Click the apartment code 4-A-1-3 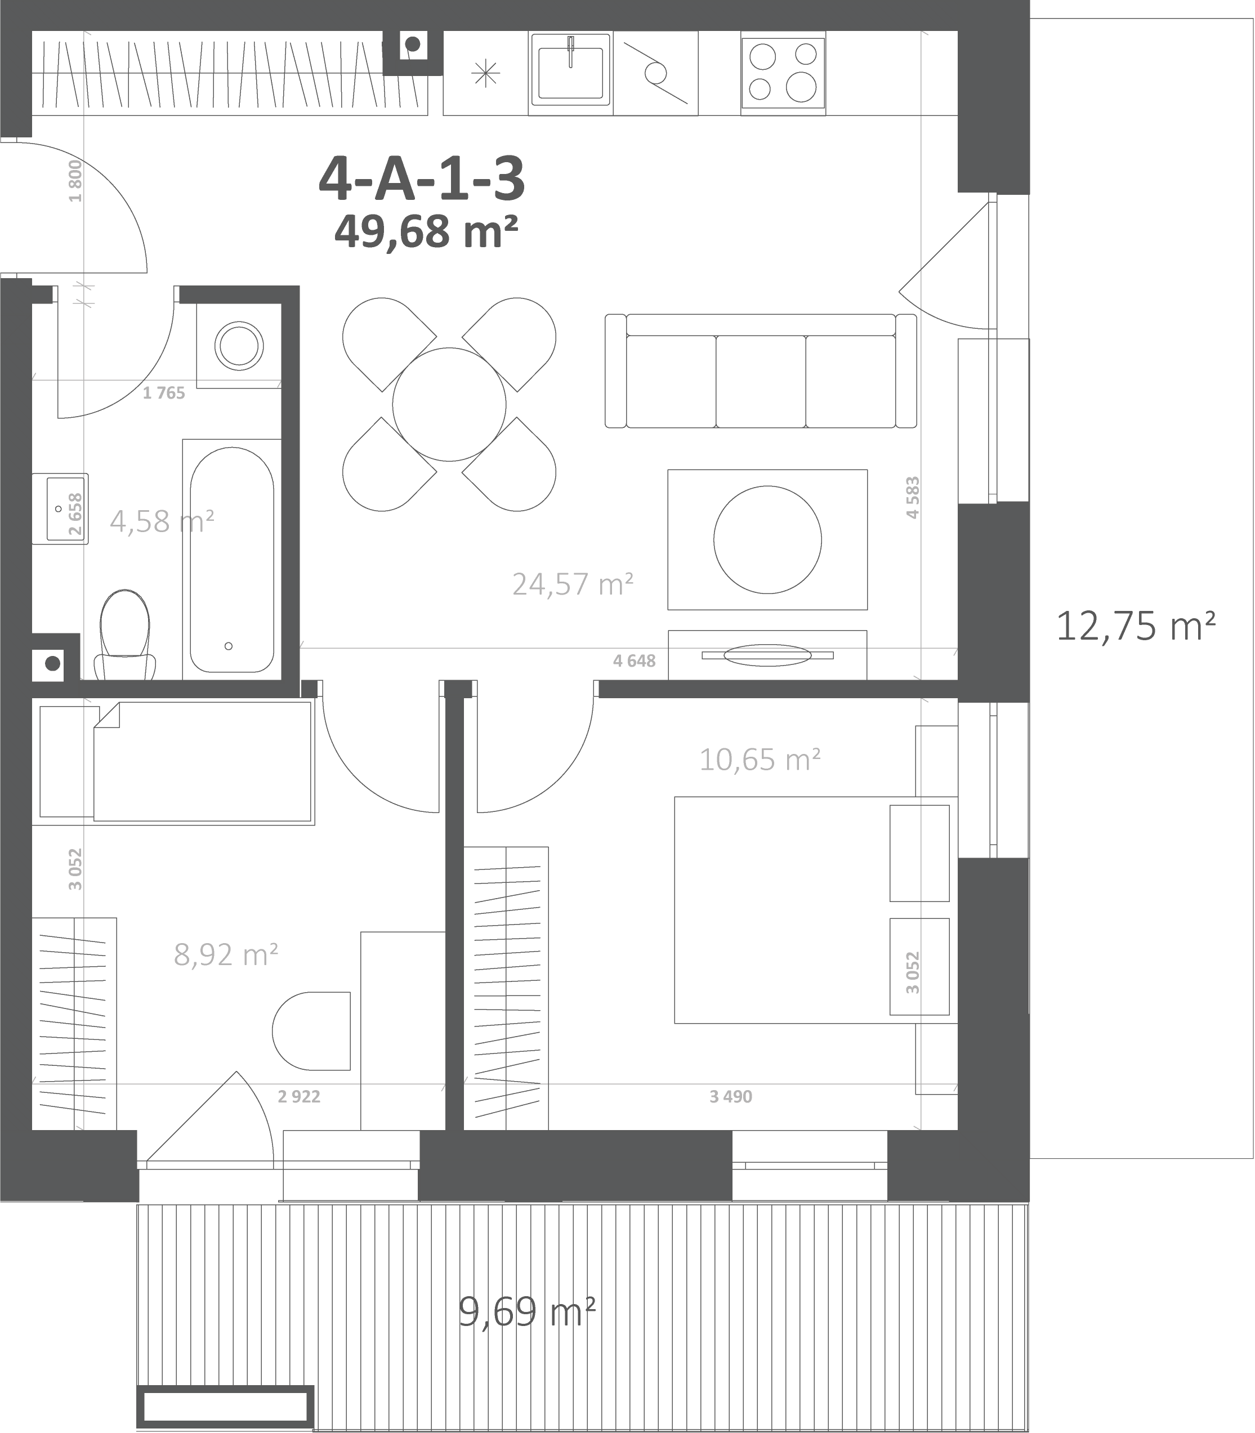(422, 178)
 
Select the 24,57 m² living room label (573, 584)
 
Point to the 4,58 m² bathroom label (162, 521)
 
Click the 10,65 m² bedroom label (760, 759)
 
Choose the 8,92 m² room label (226, 954)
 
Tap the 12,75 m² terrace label (1135, 626)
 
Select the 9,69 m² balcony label (526, 1312)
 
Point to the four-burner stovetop (783, 72)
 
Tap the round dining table (449, 404)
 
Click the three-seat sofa (761, 370)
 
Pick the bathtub (232, 560)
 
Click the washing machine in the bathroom (239, 346)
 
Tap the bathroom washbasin (60, 508)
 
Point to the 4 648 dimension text (635, 660)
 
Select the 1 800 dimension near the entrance (75, 181)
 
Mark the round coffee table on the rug (767, 540)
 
